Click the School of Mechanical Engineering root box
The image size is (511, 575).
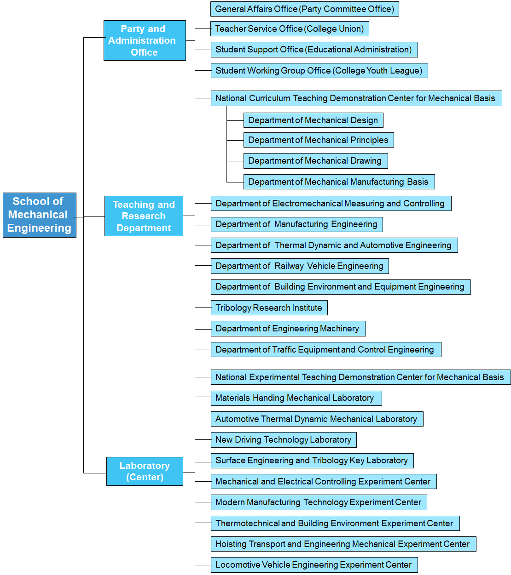[40, 215]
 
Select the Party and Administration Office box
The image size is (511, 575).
[145, 40]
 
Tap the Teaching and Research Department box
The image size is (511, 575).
[144, 216]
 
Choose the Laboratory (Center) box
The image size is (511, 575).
[145, 471]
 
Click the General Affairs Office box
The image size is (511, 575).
[304, 9]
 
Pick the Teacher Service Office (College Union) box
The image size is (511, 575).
[289, 29]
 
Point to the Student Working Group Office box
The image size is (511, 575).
[319, 71]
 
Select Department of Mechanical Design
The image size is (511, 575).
[313, 120]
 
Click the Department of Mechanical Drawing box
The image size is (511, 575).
[315, 161]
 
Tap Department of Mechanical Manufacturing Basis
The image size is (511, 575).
[338, 182]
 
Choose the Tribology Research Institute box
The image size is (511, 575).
[269, 308]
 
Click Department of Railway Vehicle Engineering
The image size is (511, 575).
[299, 266]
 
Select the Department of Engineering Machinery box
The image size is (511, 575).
[288, 329]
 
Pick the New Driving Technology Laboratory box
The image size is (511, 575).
[283, 440]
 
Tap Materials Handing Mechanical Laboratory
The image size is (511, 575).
[296, 398]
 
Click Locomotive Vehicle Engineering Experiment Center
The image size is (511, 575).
[314, 565]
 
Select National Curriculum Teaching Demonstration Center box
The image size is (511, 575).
[356, 98]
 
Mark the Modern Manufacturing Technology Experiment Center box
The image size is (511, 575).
[319, 502]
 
